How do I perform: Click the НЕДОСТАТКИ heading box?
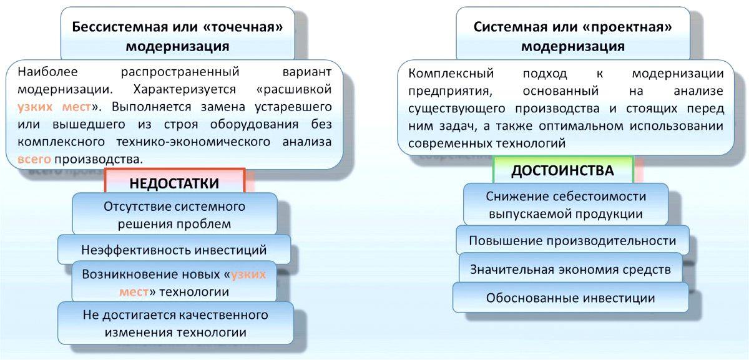[174, 183]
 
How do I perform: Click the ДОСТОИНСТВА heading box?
[562, 170]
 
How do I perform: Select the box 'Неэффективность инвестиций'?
[174, 250]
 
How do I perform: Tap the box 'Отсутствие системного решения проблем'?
[174, 215]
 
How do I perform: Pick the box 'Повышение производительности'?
[572, 241]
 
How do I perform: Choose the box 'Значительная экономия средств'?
[571, 270]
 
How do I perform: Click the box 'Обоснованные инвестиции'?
[570, 298]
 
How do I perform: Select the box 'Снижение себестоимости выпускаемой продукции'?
[566, 205]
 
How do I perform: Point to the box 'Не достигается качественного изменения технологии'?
[175, 323]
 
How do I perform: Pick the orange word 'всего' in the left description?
[34, 159]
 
